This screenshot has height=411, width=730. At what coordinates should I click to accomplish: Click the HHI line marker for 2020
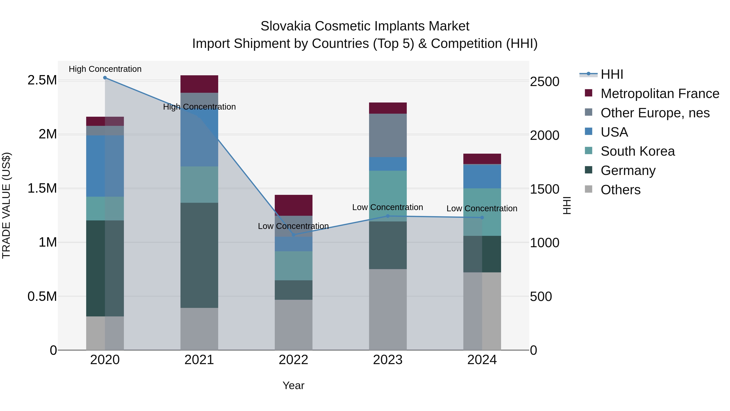tap(105, 78)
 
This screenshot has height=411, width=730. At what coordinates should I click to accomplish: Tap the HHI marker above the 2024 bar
tap(482, 218)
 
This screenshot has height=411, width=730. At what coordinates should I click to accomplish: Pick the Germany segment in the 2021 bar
tap(199, 255)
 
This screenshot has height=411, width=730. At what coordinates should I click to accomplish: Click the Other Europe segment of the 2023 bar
tap(388, 135)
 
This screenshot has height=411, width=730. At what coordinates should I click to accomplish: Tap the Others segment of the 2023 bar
tap(388, 309)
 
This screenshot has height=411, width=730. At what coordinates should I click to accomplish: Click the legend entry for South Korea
tap(638, 151)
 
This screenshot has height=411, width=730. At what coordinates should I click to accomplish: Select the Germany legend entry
tap(628, 170)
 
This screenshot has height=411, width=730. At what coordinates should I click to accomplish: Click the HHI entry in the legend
tap(612, 74)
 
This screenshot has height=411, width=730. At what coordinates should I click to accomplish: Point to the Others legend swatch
tap(589, 189)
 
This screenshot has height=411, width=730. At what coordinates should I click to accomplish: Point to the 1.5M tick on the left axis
tap(42, 188)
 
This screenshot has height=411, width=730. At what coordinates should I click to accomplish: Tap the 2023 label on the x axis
tap(388, 360)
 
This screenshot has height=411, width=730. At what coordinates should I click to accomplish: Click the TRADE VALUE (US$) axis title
tap(6, 205)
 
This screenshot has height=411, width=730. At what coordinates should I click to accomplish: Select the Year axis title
tap(293, 385)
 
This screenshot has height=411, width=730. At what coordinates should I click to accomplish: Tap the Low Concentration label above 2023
tap(387, 207)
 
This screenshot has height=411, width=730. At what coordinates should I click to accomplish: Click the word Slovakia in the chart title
tap(286, 26)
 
